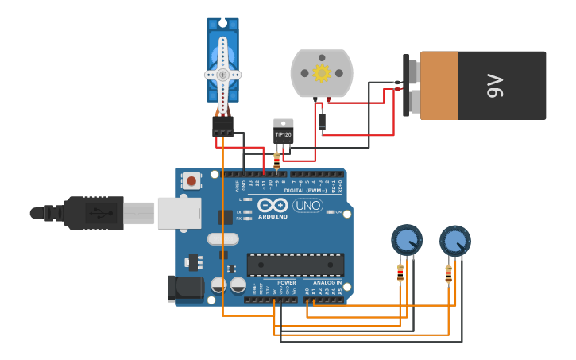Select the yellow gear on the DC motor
[322, 73]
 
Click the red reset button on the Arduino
[191, 180]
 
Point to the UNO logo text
[307, 206]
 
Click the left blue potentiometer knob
[407, 239]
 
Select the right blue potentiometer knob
[455, 240]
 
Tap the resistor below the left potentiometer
[400, 273]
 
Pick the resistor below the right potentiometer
[448, 273]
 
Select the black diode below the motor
[322, 121]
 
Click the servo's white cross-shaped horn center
[222, 75]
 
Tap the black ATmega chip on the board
[296, 265]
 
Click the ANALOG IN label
[327, 282]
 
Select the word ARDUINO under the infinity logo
[273, 216]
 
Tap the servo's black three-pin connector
[222, 126]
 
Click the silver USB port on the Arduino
[179, 213]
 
